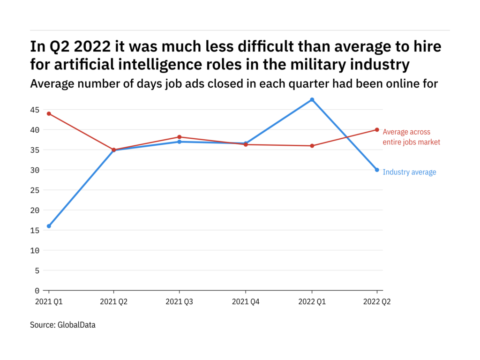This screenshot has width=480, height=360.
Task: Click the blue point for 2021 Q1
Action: click(49, 226)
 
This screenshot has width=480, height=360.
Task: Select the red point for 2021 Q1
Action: click(49, 113)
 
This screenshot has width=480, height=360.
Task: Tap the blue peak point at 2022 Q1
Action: click(312, 99)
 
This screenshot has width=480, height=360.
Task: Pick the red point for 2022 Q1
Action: click(312, 146)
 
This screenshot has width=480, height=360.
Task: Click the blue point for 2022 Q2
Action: click(377, 170)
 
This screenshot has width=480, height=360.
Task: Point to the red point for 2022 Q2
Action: click(377, 130)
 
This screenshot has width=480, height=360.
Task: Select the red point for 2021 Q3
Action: click(180, 137)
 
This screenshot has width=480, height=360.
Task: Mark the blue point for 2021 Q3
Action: click(180, 142)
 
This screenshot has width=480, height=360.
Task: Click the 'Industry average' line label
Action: click(409, 172)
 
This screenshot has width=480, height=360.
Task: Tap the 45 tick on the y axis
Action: click(35, 110)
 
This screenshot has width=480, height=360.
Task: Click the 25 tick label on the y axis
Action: click(35, 190)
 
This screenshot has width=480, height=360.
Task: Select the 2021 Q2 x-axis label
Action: click(114, 302)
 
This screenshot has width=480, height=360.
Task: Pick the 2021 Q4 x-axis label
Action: click(245, 302)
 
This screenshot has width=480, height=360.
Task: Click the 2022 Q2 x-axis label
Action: click(376, 302)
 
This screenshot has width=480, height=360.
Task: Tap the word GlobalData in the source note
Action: click(77, 325)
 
